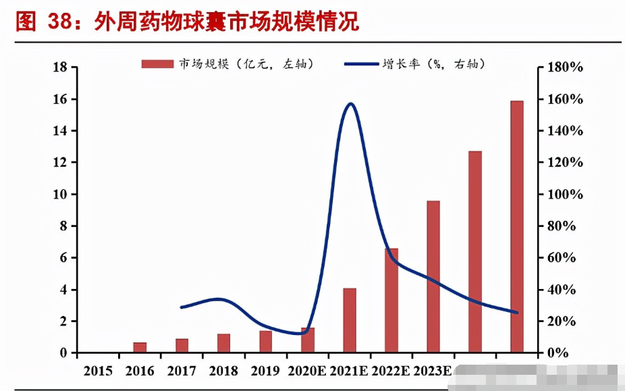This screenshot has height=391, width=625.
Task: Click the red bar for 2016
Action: pos(140,347)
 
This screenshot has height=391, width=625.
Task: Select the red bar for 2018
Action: pos(223,343)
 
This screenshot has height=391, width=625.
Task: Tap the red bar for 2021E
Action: pos(350,320)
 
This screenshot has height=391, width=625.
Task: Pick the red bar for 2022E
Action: pos(391,301)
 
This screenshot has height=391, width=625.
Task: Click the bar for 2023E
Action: pos(433,277)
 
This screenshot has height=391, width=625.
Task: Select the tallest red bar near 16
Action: pos(517,226)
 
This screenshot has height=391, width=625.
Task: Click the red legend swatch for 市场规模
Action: pos(157,63)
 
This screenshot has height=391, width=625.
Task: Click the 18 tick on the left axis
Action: pos(59,68)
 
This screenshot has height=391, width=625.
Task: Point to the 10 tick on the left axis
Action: pos(59,194)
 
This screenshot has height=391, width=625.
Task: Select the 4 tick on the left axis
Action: pos(63,290)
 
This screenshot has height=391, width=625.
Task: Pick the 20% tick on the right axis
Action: pos(561,321)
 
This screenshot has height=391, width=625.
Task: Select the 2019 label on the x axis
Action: pos(265,371)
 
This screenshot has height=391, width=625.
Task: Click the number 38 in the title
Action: pos(61,22)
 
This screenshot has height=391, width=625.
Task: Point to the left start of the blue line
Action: pos(182,307)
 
